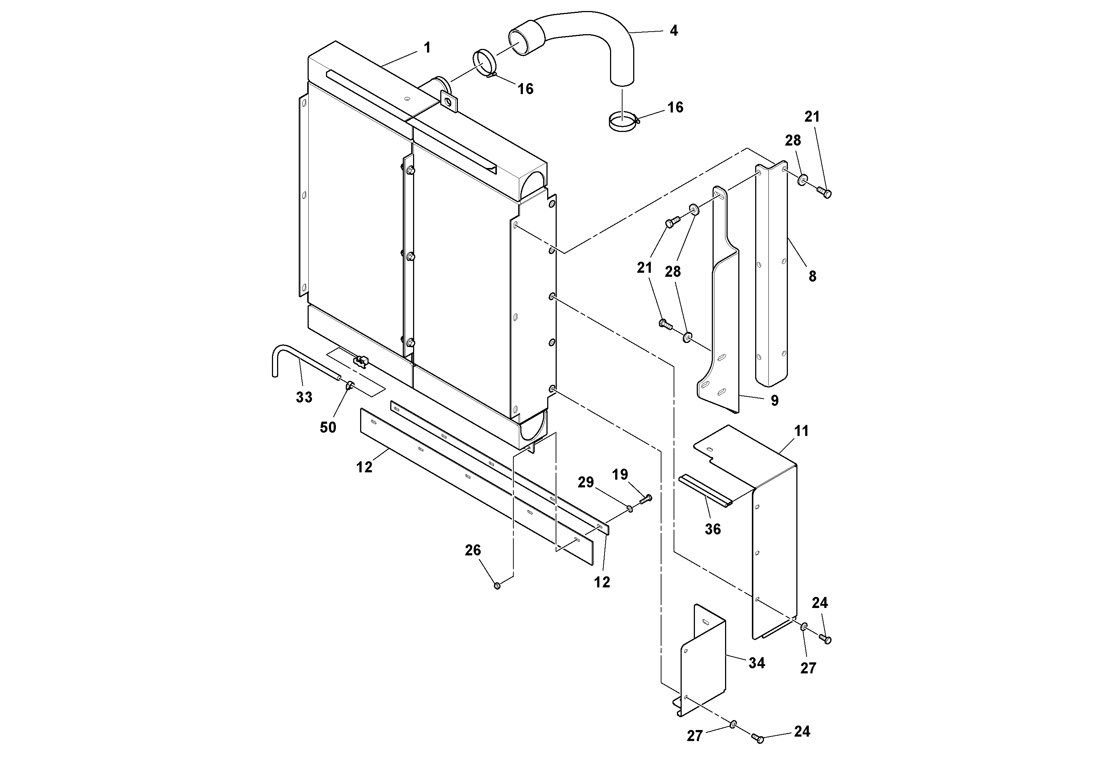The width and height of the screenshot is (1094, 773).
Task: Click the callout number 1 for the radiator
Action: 427,48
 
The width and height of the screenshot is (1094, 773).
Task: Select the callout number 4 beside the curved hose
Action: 673,31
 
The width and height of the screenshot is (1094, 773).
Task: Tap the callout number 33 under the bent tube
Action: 304,397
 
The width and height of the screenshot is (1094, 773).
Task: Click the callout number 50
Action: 328,427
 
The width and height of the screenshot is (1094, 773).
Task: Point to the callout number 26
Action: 473,551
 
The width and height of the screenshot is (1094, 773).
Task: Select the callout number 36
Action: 713,529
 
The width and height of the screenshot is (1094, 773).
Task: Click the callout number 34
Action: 757,663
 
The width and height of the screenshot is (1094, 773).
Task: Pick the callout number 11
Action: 801,431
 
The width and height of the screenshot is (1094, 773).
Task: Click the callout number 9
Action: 775,400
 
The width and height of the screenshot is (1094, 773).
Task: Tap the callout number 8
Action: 813,276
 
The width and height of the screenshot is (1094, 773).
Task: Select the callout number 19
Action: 620,475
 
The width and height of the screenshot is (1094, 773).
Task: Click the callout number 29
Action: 586,482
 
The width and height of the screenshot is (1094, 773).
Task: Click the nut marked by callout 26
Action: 497,585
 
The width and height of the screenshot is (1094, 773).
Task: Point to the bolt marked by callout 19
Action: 646,499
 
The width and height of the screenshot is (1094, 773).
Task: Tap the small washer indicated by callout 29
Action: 630,509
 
